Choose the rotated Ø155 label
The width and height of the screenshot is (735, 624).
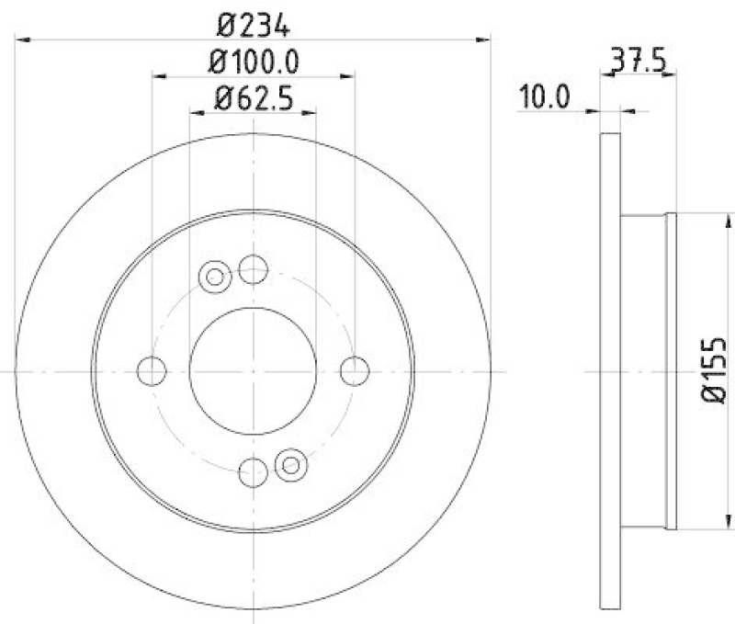pyautogui.click(x=715, y=371)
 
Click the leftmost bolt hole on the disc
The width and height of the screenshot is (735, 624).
pyautogui.click(x=151, y=371)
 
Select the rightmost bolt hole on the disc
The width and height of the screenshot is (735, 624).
pyautogui.click(x=355, y=371)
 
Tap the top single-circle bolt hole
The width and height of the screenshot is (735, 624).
pyautogui.click(x=253, y=269)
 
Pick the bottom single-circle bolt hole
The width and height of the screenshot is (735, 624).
pyautogui.click(x=253, y=473)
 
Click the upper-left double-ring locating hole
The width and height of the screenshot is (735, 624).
pyautogui.click(x=215, y=276)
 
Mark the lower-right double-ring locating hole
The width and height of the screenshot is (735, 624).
pyautogui.click(x=290, y=465)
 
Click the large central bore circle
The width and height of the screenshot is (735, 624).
pyautogui.click(x=253, y=371)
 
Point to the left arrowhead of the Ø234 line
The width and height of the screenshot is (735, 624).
pyautogui.click(x=24, y=40)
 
